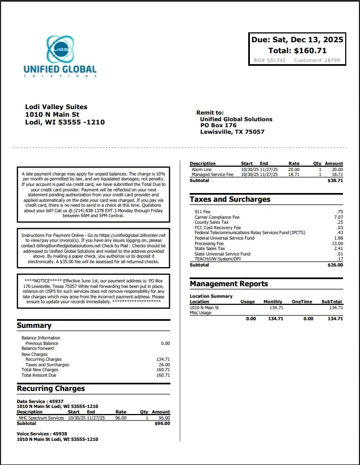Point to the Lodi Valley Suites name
56,107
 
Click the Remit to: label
210,112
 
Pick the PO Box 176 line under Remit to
218,126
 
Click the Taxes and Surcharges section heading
230,200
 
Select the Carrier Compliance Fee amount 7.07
338,217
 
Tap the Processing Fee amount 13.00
336,243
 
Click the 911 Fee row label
203,212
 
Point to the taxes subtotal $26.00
335,265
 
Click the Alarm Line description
202,169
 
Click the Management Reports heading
229,284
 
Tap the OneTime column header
302,302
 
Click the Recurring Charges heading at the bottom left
51,388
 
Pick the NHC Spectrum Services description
41,418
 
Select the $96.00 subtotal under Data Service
162,423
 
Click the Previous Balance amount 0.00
165,343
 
